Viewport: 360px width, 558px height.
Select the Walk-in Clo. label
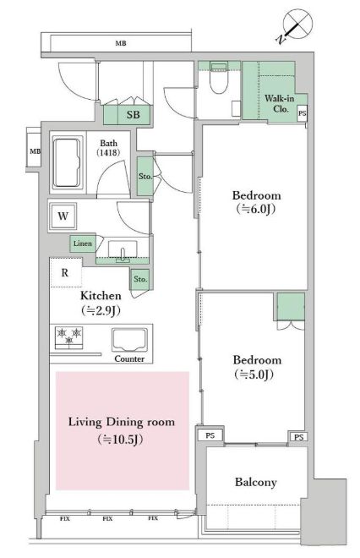pyautogui.click(x=279, y=104)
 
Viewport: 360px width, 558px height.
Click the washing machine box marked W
pyautogui.click(x=63, y=216)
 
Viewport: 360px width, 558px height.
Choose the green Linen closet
pyautogui.click(x=82, y=244)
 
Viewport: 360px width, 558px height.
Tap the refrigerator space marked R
pyautogui.click(x=64, y=272)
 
